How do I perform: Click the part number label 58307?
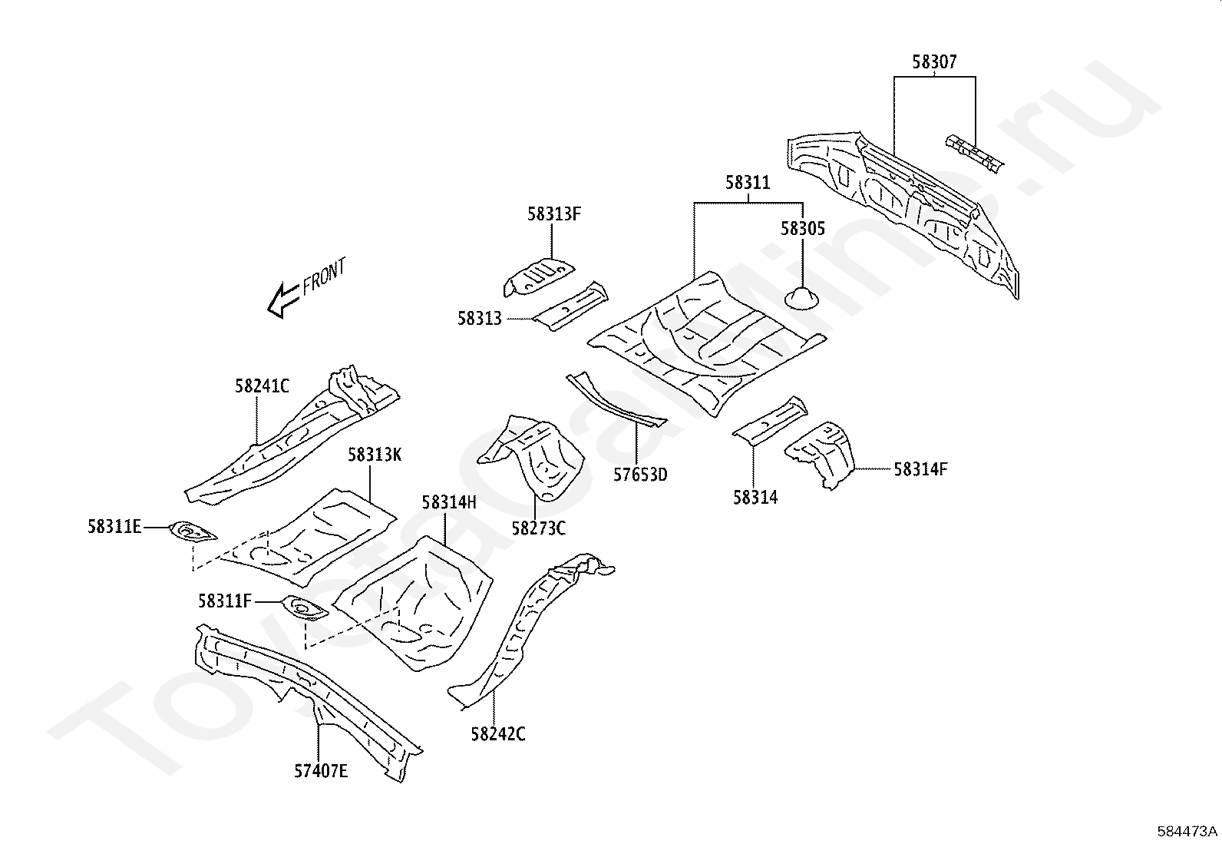(x=934, y=62)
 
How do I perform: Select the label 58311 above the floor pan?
(x=748, y=183)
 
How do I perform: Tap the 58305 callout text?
(x=802, y=229)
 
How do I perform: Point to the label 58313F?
(x=553, y=214)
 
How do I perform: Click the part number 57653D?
(x=640, y=475)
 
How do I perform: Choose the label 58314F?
(x=921, y=469)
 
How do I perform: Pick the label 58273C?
(x=538, y=528)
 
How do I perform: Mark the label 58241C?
(x=262, y=386)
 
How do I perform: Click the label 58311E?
(x=114, y=527)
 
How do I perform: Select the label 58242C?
(x=498, y=735)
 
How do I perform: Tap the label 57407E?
(x=321, y=771)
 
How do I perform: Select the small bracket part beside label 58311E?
(x=192, y=531)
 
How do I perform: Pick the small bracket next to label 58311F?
(x=305, y=608)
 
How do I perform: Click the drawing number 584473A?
(x=1187, y=832)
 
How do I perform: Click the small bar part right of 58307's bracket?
(x=974, y=154)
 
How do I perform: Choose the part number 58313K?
(x=375, y=455)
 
